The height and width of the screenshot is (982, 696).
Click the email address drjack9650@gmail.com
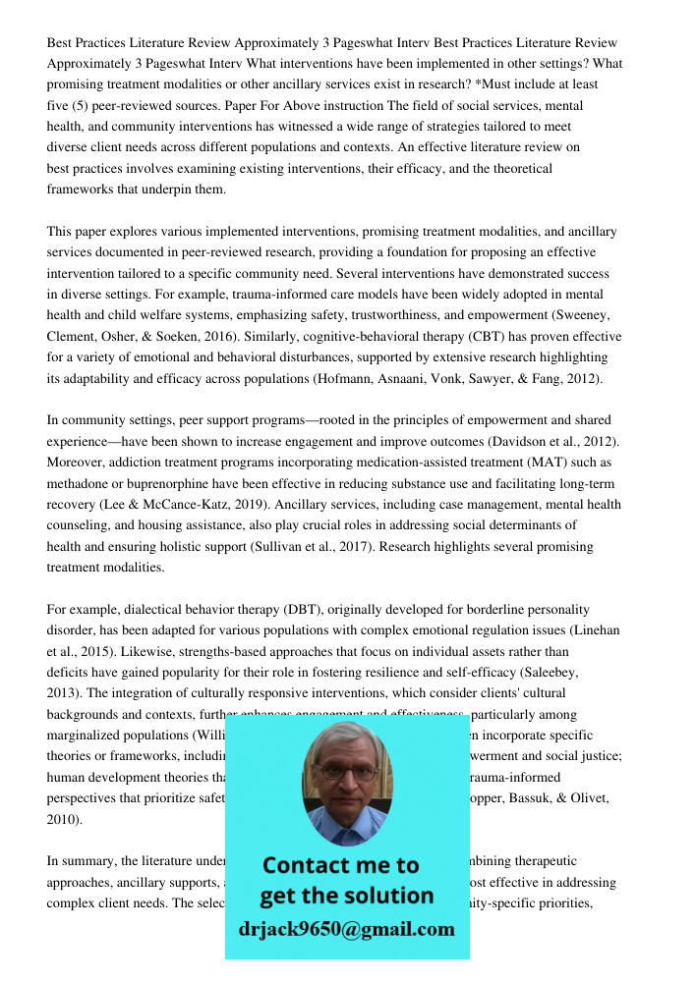click(x=346, y=929)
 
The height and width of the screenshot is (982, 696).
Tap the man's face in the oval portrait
click(x=346, y=775)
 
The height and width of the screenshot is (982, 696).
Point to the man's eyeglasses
click(x=345, y=771)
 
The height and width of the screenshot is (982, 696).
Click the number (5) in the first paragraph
click(x=87, y=106)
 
